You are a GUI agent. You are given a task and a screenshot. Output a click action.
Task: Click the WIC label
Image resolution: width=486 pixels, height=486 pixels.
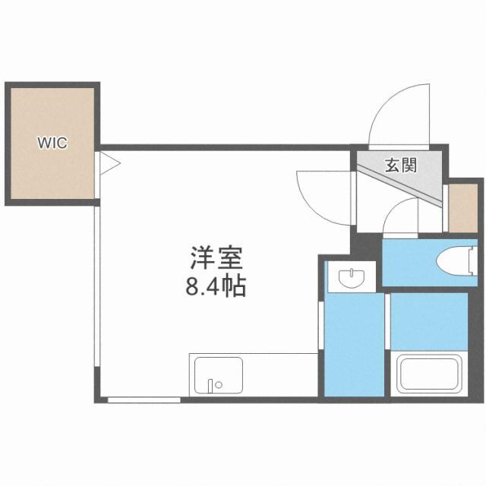tap(52, 142)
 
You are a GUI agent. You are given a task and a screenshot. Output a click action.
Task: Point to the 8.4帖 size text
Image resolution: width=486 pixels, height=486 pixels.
tap(216, 288)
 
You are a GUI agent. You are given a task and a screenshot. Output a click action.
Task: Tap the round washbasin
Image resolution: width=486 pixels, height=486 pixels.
tap(352, 279)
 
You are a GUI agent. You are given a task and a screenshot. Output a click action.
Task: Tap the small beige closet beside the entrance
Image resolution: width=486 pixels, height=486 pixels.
tap(461, 207)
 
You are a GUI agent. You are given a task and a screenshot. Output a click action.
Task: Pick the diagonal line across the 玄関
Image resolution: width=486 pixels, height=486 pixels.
tap(402, 183)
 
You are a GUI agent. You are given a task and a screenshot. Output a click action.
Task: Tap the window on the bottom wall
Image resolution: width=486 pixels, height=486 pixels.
tap(144, 399)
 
